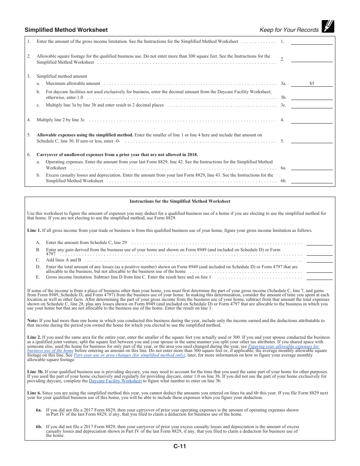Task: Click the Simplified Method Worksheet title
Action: [66, 30]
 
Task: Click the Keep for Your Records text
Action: [289, 30]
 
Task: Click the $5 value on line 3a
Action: [311, 83]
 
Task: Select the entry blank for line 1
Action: [311, 42]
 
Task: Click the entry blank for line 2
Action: [311, 59]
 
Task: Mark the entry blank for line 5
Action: [311, 141]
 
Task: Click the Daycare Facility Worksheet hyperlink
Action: [115, 381]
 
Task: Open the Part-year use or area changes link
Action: [129, 355]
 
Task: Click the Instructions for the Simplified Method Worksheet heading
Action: [180, 201]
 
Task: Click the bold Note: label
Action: [33, 321]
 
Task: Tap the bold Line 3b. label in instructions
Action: [35, 372]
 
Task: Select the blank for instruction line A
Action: [319, 243]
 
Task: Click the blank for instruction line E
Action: [319, 277]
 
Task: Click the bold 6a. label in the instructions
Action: [39, 410]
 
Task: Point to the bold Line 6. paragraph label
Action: [34, 393]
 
